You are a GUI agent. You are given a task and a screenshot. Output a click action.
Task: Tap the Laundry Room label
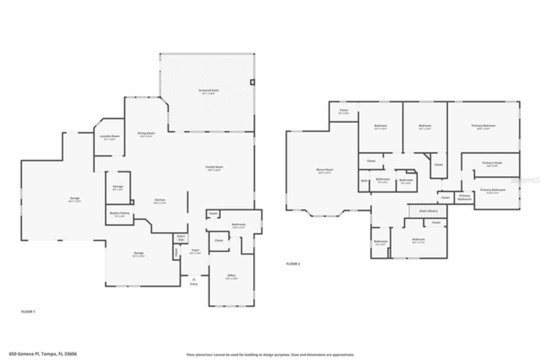[x=109, y=136]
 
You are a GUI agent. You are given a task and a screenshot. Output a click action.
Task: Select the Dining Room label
[x=146, y=134]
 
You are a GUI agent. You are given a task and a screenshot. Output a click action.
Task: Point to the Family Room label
[x=214, y=167]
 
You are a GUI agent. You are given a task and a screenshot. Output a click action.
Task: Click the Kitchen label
[x=159, y=200]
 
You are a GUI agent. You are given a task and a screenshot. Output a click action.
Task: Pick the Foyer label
[x=195, y=251]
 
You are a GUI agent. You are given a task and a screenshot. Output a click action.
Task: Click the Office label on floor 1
[x=231, y=276]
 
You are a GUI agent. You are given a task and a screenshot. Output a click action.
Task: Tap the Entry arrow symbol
[x=194, y=279]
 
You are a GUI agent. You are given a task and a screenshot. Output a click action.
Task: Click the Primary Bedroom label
[x=483, y=126]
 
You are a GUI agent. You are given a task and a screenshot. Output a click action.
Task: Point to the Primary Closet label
[x=492, y=163]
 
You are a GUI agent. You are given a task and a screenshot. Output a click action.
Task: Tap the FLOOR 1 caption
[x=28, y=311]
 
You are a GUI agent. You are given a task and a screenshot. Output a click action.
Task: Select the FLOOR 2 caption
[x=293, y=264]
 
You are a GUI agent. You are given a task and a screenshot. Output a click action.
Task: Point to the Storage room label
[x=118, y=187]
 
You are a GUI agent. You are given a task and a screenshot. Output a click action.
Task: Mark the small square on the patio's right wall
[x=253, y=82]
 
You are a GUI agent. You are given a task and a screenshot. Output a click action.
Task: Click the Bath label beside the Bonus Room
[x=364, y=180]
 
